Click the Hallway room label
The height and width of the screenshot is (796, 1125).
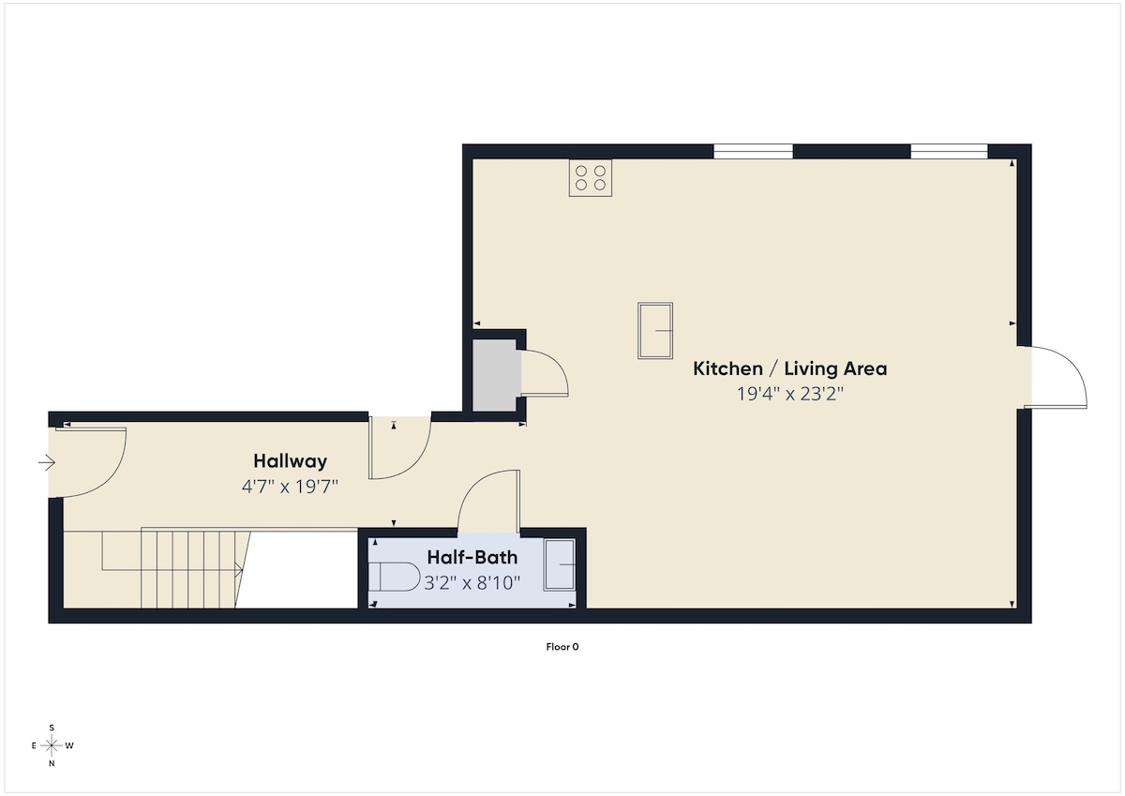pyautogui.click(x=290, y=461)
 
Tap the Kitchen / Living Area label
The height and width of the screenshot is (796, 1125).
pyautogui.click(x=790, y=368)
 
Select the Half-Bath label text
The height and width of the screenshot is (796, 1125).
pyautogui.click(x=472, y=557)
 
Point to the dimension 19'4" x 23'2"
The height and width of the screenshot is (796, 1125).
pyautogui.click(x=790, y=394)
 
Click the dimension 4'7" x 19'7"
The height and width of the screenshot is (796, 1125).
pyautogui.click(x=290, y=487)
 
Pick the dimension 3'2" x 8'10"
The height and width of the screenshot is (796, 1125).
pyautogui.click(x=472, y=582)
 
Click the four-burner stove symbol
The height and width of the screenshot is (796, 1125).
pyautogui.click(x=590, y=178)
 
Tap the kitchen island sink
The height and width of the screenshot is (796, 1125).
pyautogui.click(x=655, y=330)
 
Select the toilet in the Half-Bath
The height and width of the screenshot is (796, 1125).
pyautogui.click(x=395, y=577)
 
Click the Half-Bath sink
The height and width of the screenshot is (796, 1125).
pyautogui.click(x=560, y=565)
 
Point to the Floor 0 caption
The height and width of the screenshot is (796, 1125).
pyautogui.click(x=562, y=646)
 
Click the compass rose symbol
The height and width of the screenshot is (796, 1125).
pyautogui.click(x=52, y=745)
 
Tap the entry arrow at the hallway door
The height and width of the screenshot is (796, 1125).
pyautogui.click(x=47, y=462)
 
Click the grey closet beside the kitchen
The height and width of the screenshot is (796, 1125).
pyautogui.click(x=494, y=375)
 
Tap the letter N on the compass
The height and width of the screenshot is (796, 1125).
pyautogui.click(x=52, y=763)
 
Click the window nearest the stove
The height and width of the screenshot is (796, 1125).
pyautogui.click(x=753, y=151)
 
